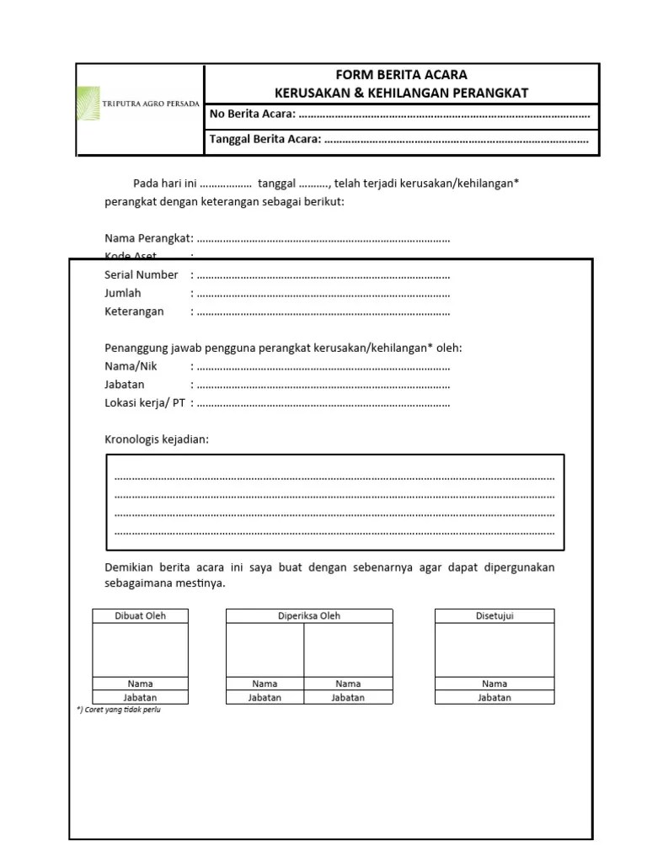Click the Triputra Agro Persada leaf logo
tap(88, 104)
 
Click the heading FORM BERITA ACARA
tap(401, 75)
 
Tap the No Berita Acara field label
tap(252, 114)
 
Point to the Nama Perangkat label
tap(148, 238)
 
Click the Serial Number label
tap(141, 274)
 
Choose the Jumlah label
tap(123, 293)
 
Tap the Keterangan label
tap(134, 311)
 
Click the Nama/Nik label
tap(131, 366)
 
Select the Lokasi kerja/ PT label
tap(144, 403)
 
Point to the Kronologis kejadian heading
tap(157, 439)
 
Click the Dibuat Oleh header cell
tap(140, 616)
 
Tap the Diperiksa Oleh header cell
tap(309, 616)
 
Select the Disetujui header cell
tap(495, 616)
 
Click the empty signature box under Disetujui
tap(495, 649)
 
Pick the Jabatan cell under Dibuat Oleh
tap(140, 698)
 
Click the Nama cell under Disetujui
tap(495, 684)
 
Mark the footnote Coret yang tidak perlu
tap(119, 710)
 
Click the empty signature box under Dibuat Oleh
tap(140, 649)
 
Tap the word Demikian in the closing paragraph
tap(130, 567)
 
